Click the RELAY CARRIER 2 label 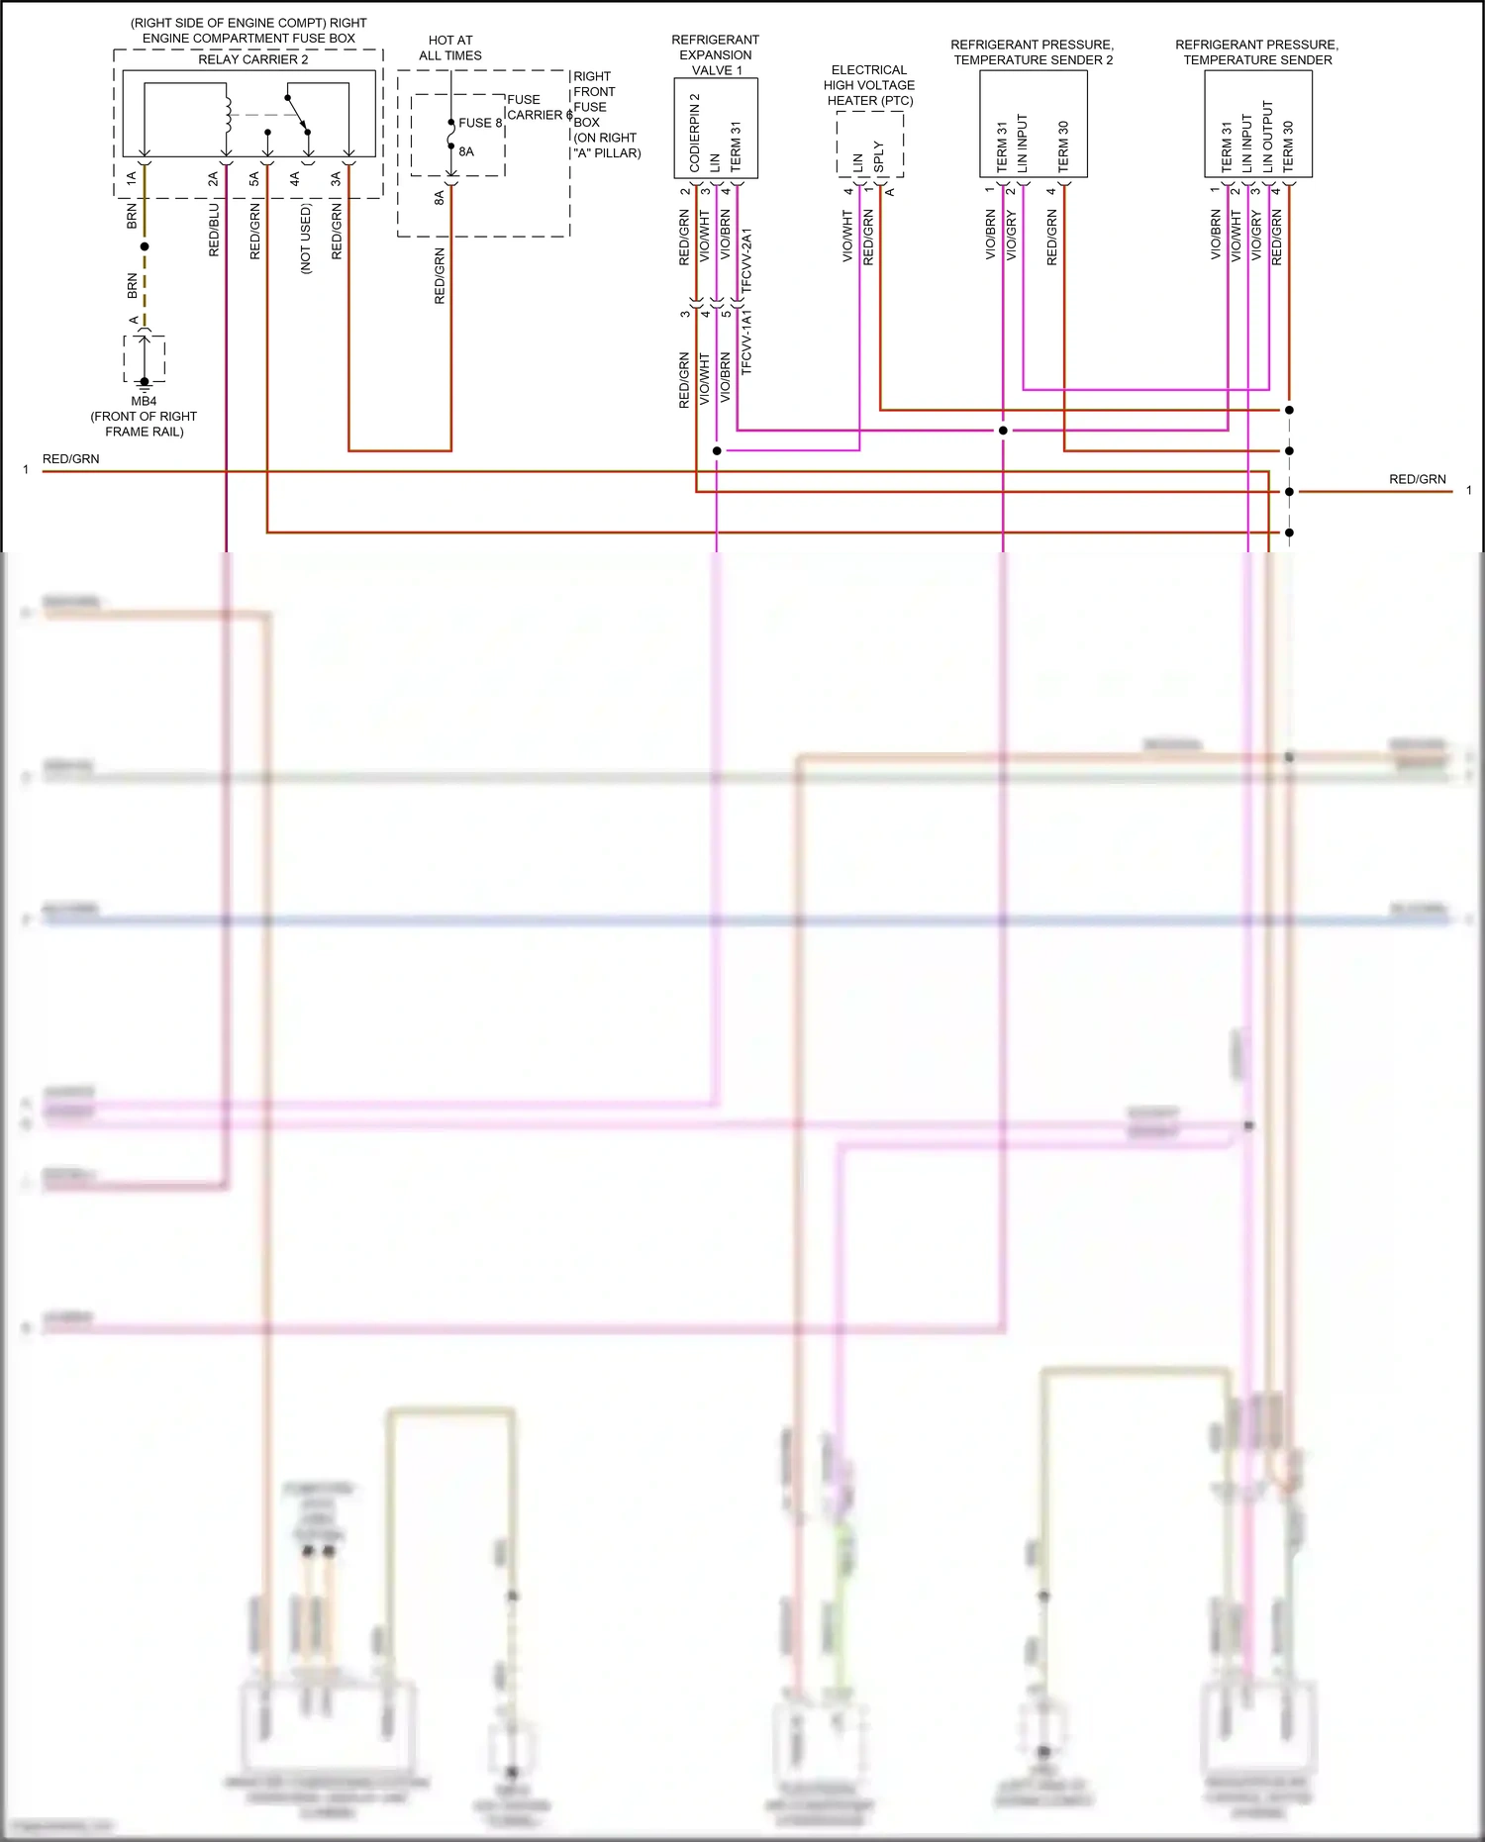(252, 59)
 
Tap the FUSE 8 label (480, 123)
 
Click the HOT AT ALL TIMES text (450, 48)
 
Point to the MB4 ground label (144, 401)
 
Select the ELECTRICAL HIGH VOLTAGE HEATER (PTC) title (869, 85)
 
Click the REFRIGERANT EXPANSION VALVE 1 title (715, 54)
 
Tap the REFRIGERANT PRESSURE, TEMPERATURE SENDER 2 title (1033, 52)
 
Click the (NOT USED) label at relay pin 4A (305, 239)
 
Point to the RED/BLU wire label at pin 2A (214, 230)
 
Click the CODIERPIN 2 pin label (695, 133)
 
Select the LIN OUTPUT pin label (1268, 137)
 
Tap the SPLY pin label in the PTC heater (879, 156)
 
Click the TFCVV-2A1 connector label (747, 259)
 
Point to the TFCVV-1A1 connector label (747, 341)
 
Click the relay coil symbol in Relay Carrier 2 (227, 114)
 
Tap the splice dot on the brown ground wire (145, 246)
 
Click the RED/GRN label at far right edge (1417, 479)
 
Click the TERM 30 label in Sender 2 (1064, 146)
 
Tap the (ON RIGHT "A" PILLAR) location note (606, 145)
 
